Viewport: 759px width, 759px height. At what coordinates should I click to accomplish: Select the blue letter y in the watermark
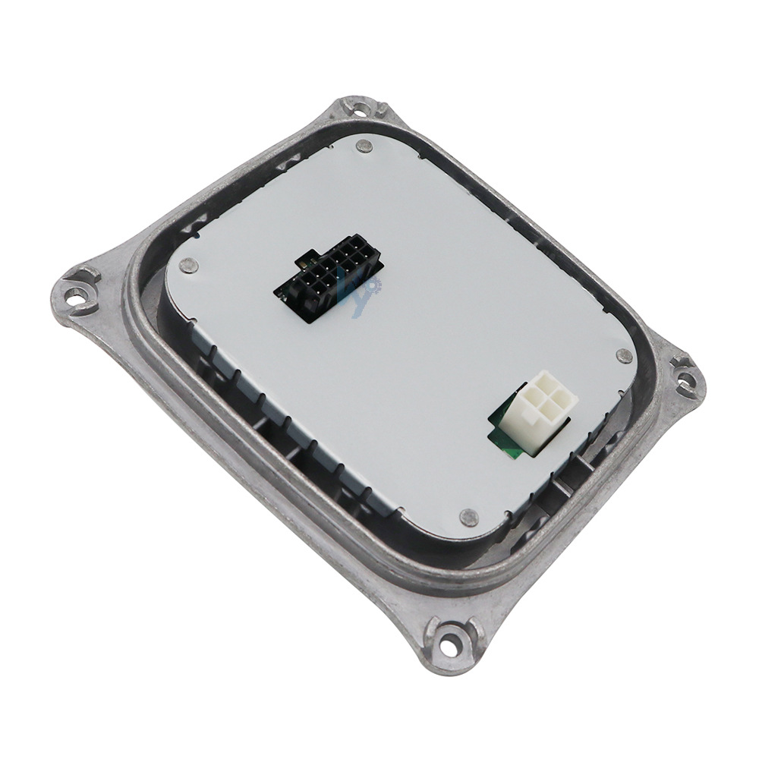(363, 298)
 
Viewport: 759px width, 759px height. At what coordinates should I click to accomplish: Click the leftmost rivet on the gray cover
(189, 265)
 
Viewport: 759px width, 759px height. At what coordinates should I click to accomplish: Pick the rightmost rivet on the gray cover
(625, 355)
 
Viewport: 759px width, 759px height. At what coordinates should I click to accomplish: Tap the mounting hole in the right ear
(685, 376)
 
